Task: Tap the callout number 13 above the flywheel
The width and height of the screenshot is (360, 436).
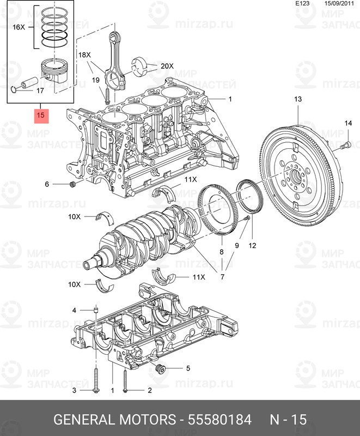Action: [297, 99]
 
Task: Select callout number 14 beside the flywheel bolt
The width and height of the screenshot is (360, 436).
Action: [347, 125]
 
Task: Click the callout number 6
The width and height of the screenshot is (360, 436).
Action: [47, 185]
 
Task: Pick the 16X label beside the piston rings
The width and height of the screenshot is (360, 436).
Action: [19, 27]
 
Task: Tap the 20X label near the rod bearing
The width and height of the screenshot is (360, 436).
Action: [166, 66]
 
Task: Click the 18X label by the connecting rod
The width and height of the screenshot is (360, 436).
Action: [84, 56]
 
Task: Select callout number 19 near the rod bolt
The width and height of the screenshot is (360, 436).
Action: [95, 80]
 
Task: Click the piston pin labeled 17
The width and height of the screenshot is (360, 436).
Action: [26, 85]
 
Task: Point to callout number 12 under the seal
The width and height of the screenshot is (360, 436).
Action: [252, 246]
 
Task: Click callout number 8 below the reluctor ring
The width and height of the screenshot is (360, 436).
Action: [222, 252]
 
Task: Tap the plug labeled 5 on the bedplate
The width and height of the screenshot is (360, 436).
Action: [160, 371]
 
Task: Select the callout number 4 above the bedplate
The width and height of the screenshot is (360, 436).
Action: [75, 311]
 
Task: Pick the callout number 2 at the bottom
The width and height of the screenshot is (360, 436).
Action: [149, 391]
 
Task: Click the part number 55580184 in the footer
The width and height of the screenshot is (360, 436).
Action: [219, 420]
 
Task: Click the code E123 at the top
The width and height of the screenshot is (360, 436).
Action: [302, 4]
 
